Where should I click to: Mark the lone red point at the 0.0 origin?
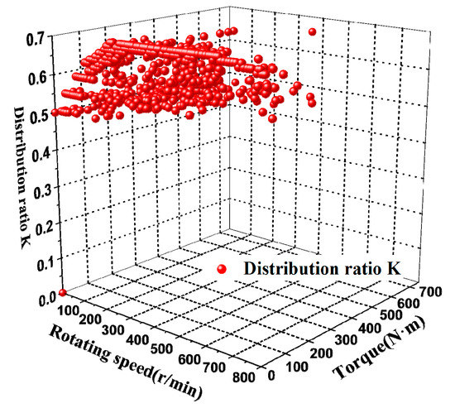(63, 293)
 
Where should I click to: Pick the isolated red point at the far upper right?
(313, 31)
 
